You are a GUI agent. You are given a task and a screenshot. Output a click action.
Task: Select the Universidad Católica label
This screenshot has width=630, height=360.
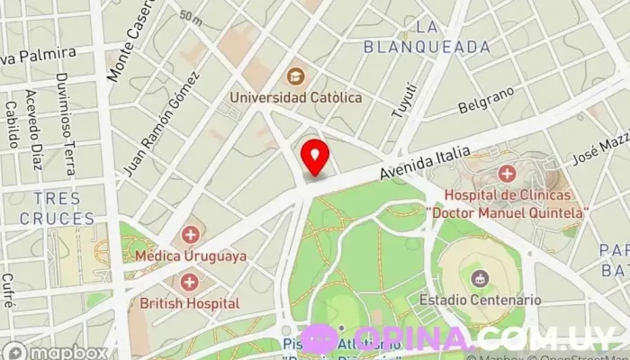(x=295, y=96)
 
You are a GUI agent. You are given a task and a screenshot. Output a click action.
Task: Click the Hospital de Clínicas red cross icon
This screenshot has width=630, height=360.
(x=508, y=173)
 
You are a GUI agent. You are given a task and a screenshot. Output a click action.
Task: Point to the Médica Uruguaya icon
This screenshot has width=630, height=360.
(x=190, y=236)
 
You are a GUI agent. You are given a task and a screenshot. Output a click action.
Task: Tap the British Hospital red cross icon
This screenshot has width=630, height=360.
(x=190, y=283)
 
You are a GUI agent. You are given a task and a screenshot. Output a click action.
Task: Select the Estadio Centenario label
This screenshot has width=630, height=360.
(x=480, y=299)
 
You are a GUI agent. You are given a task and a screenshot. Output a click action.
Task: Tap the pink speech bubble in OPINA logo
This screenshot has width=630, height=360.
(x=319, y=338)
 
